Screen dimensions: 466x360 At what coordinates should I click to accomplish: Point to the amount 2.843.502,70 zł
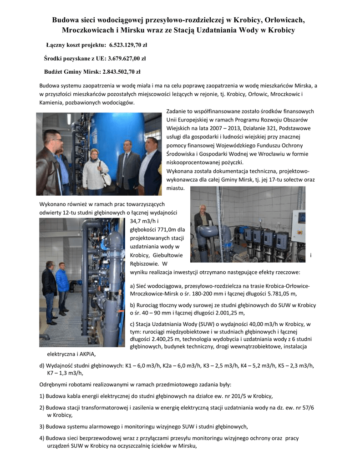coord(122,71)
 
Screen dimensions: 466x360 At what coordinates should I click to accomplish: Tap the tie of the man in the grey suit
coord(125,162)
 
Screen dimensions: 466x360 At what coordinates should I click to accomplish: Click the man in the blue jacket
coord(62,287)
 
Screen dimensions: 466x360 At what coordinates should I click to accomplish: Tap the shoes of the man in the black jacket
coord(51,322)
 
